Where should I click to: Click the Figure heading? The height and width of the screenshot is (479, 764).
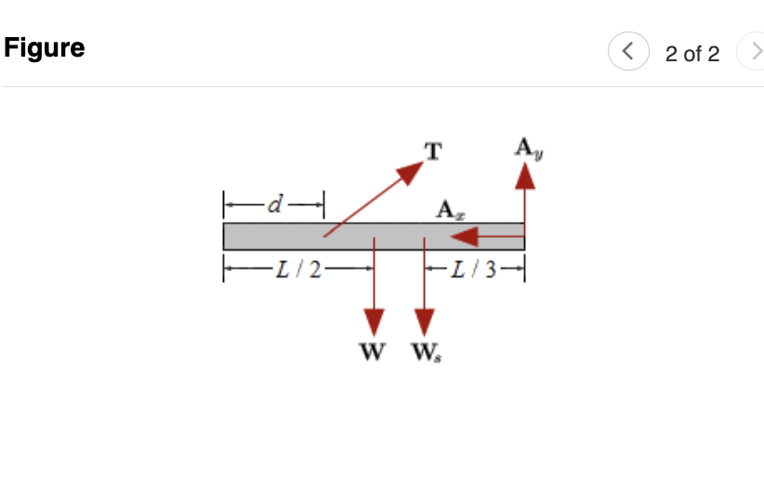44,48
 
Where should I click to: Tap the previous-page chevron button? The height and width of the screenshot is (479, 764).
627,53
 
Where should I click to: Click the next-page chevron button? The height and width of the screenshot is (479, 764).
751,53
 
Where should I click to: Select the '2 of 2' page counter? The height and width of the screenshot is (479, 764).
692,54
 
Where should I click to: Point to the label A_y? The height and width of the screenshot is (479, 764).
526,147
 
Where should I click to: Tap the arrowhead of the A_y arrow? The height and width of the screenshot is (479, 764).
526,175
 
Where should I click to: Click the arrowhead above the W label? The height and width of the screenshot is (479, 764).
374,322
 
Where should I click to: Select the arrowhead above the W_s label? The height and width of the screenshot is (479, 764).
425,322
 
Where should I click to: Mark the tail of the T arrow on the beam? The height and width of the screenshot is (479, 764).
324,235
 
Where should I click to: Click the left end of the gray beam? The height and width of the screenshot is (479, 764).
224,236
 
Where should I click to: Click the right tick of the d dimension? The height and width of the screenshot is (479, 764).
323,201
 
